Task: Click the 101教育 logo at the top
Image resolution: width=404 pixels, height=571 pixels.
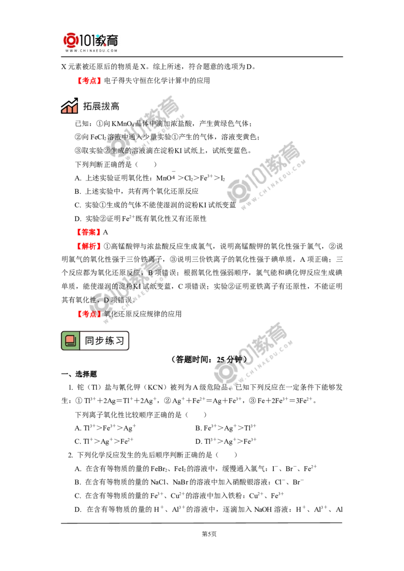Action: point(91,42)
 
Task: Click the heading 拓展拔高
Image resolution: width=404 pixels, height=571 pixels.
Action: point(101,106)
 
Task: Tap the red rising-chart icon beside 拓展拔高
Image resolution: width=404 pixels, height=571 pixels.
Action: point(69,105)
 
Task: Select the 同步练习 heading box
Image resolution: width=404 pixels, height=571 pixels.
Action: point(95,340)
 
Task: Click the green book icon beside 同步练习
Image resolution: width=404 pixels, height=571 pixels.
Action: point(70,340)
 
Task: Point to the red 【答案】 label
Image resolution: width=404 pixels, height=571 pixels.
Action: point(88,233)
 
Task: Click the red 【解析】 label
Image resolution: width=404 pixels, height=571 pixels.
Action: point(88,246)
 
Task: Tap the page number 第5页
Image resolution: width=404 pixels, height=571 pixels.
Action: point(209,534)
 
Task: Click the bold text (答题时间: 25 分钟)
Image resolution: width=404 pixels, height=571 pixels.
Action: point(209,360)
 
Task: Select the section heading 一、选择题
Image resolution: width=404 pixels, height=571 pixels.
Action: point(79,374)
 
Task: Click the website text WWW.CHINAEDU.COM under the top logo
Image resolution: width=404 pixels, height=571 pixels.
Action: point(91,50)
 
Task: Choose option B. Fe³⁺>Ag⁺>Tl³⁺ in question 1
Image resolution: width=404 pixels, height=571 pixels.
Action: point(226,428)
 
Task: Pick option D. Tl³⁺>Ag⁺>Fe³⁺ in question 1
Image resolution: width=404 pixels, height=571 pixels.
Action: point(226,441)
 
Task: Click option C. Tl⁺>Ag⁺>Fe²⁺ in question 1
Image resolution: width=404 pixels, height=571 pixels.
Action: point(104,441)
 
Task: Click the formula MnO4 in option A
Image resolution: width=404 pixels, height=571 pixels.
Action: point(166,178)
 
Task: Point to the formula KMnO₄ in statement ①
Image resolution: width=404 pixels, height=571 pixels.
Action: point(123,124)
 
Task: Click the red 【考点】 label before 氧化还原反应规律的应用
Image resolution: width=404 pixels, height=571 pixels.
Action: point(88,314)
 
